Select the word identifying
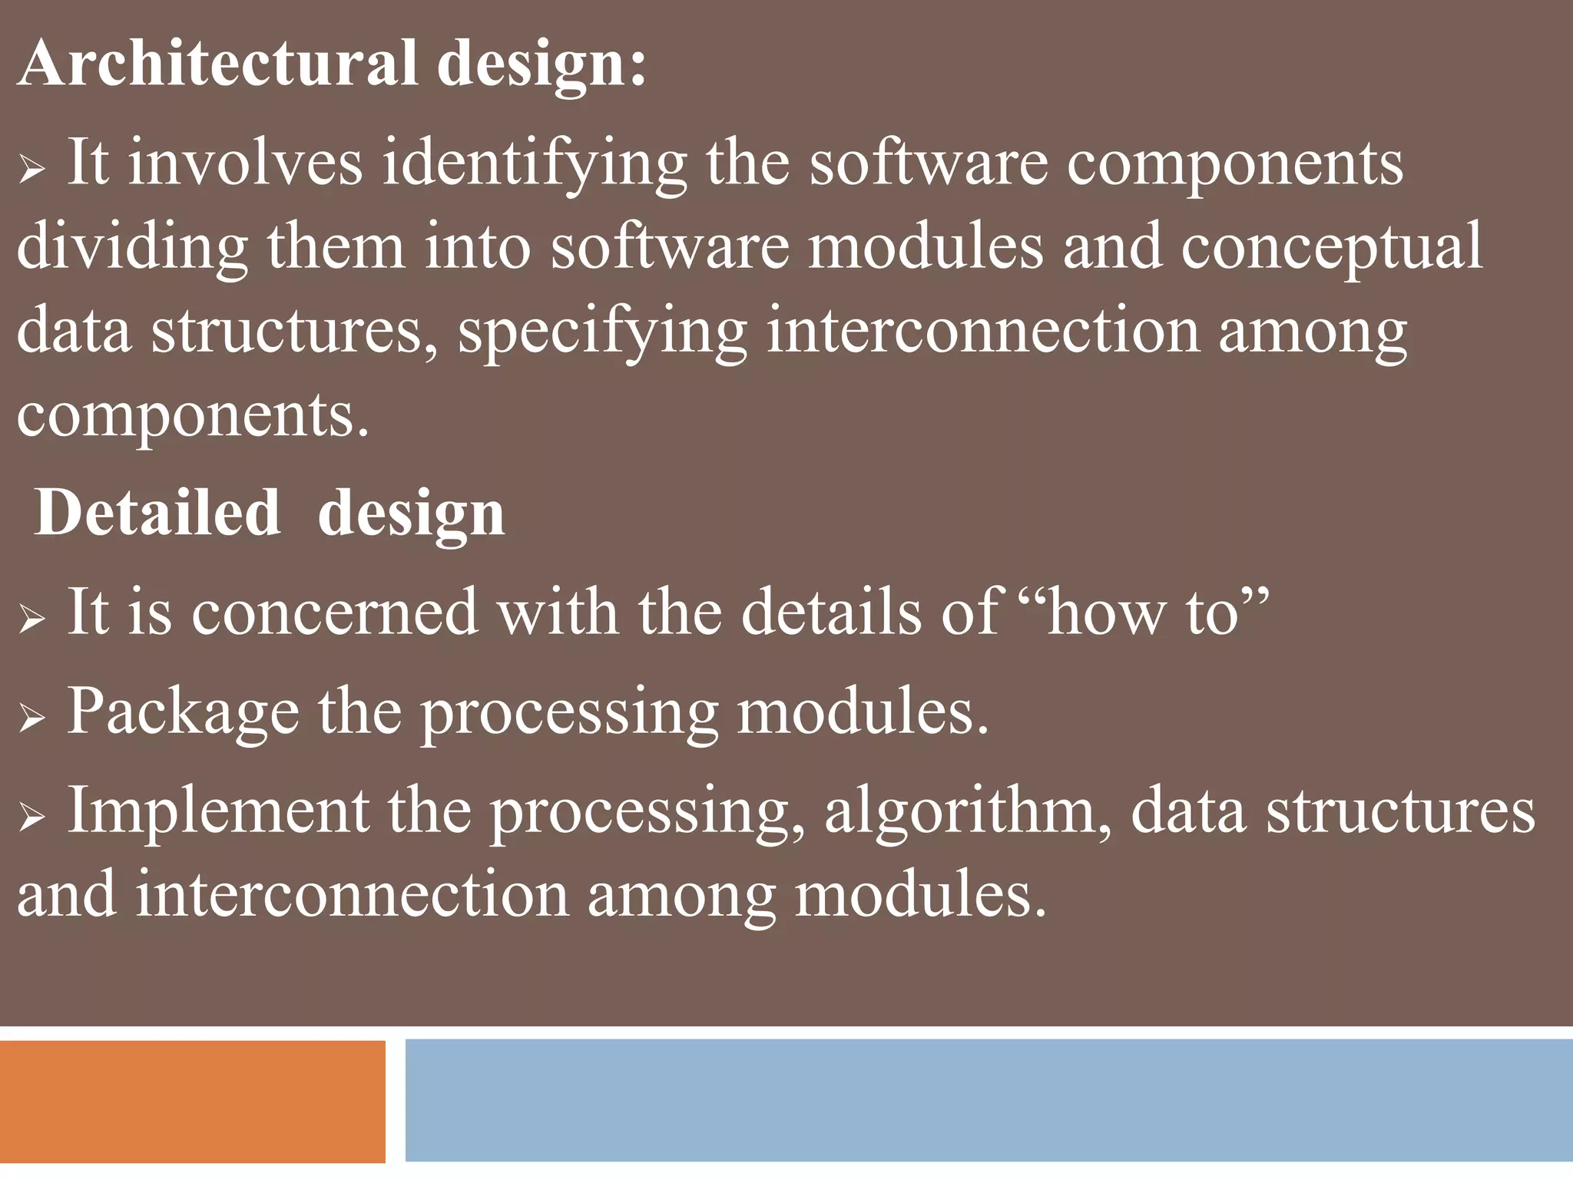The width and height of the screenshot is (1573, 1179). [534, 164]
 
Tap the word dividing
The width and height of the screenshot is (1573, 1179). [132, 248]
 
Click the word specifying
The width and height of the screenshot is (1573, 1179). [602, 332]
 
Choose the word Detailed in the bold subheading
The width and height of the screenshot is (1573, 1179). [157, 513]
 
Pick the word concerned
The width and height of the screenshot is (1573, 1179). [335, 612]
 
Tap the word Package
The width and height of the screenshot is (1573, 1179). [183, 712]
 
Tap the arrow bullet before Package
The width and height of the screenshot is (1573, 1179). [32, 717]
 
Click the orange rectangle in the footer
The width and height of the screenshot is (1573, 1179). [192, 1101]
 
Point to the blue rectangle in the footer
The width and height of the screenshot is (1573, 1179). [989, 1100]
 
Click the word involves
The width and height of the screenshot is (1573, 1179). [245, 164]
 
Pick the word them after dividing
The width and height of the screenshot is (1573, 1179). [336, 248]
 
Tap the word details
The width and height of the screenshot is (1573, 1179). [830, 612]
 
